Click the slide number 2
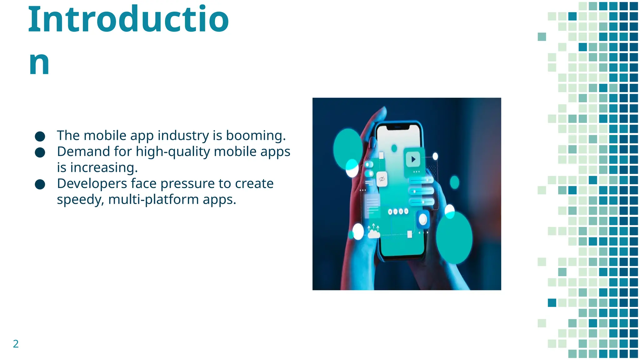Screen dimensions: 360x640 16,344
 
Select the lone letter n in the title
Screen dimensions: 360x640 39,63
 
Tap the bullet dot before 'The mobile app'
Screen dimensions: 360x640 40,136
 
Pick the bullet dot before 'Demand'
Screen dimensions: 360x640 40,152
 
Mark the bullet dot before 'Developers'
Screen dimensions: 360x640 40,184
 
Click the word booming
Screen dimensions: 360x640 256,136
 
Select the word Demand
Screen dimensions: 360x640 83,152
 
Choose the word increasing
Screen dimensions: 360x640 103,168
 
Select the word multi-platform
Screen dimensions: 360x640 153,200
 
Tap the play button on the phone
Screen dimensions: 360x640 413,159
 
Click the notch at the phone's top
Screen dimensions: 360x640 397,127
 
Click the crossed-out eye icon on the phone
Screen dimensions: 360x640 382,179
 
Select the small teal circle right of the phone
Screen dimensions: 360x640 454,182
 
